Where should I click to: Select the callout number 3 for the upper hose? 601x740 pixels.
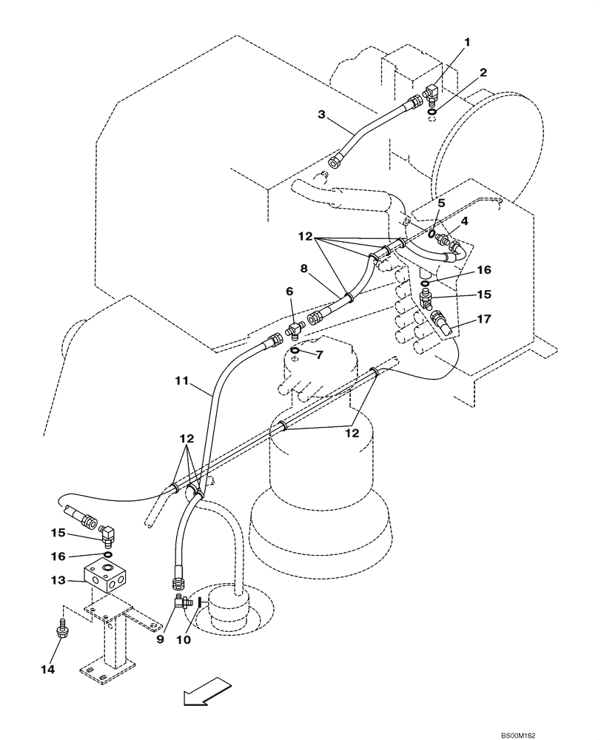322,115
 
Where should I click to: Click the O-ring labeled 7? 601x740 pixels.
295,350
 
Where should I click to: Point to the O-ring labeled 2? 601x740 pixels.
432,112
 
